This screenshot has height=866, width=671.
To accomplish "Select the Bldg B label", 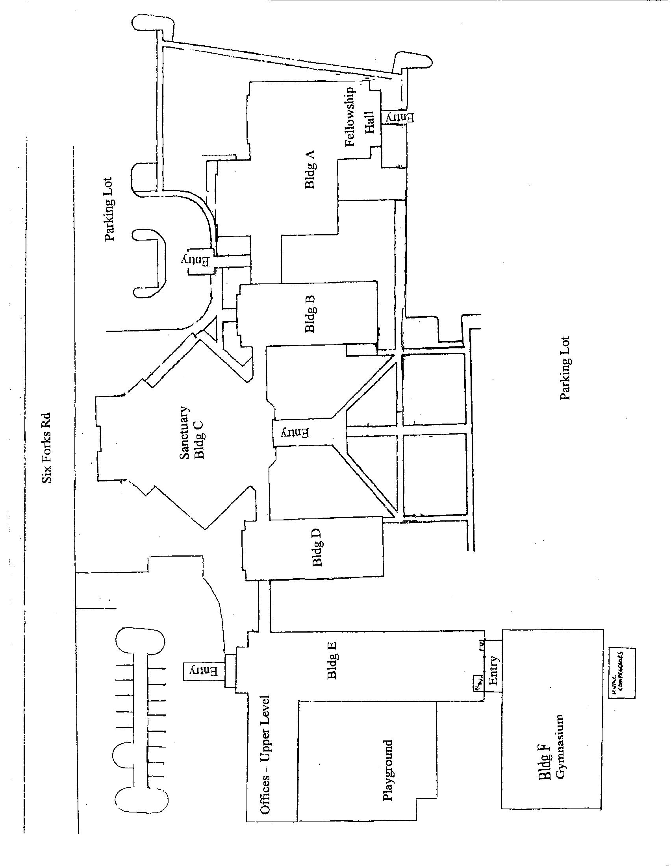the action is point(310,314).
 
